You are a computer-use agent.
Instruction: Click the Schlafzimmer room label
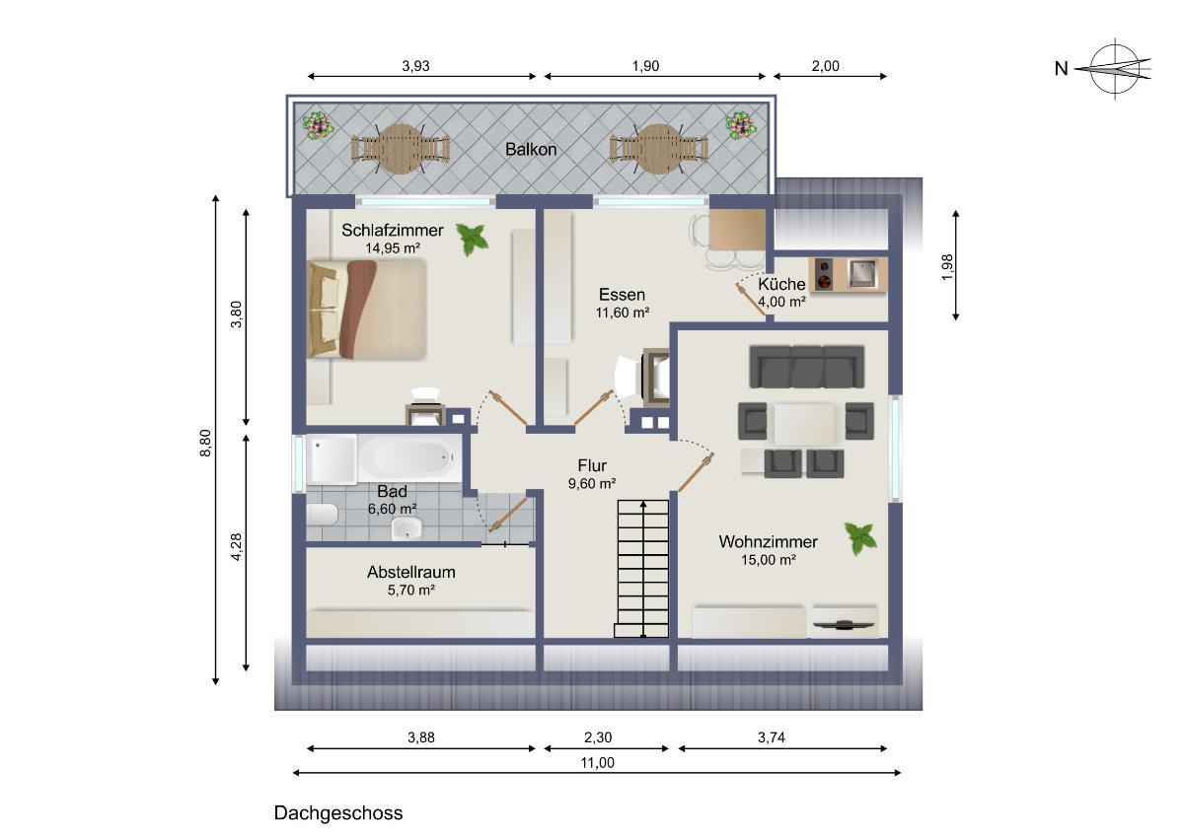[393, 231]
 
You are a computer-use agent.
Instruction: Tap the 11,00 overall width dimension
[597, 763]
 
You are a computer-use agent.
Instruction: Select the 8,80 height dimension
[205, 443]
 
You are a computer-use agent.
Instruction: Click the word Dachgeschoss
[338, 812]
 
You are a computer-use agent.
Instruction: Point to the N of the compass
[1062, 69]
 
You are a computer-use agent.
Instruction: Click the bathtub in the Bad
[410, 457]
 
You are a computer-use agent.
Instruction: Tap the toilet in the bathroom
[322, 515]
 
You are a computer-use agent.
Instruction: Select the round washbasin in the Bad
[407, 528]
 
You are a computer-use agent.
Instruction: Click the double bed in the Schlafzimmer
[367, 310]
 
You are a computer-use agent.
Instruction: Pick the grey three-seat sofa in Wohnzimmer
[807, 367]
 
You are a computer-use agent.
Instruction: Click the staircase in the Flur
[641, 569]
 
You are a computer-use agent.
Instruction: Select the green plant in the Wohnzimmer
[860, 538]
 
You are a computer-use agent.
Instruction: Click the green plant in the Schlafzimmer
[472, 240]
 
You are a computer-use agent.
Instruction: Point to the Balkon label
[531, 150]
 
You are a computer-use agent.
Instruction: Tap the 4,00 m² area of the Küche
[781, 302]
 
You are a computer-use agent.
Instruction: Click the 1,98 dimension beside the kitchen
[948, 267]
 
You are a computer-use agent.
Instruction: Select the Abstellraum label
[411, 572]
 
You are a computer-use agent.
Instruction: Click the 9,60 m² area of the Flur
[592, 484]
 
